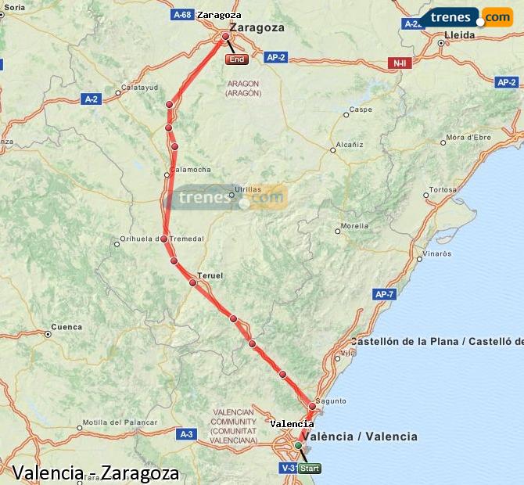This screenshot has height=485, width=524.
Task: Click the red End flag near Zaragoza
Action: [236, 59]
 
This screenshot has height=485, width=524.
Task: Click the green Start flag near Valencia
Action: [310, 469]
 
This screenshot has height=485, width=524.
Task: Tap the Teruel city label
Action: [210, 275]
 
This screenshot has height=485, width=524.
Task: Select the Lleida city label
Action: [459, 34]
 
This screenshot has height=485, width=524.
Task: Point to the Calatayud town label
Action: [140, 88]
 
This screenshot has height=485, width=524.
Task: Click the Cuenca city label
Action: [66, 326]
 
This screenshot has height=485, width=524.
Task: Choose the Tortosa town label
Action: [443, 189]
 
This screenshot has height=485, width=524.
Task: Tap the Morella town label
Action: [354, 225]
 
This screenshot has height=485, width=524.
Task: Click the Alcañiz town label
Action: [349, 145]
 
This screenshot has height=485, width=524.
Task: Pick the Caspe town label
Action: [361, 110]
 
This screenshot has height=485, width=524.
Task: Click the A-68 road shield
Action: [182, 14]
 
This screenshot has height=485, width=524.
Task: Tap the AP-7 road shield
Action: [385, 294]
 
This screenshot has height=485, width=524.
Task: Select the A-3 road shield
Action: [186, 433]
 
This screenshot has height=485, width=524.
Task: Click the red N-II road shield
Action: [399, 63]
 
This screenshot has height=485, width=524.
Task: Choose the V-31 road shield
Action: [288, 469]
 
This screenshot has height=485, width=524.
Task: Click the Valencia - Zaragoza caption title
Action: [95, 473]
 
